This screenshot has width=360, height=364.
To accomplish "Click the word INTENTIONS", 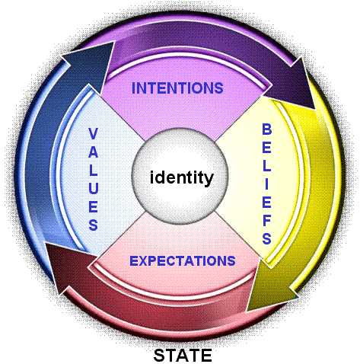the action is [x=177, y=88].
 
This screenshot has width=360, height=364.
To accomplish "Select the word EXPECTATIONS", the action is [x=183, y=261].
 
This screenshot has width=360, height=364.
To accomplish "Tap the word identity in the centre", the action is [x=182, y=178].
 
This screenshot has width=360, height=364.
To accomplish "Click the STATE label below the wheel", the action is [x=183, y=356].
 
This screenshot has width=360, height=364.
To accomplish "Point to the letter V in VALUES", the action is [x=93, y=134].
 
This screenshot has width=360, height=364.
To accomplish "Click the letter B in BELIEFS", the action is [x=266, y=129].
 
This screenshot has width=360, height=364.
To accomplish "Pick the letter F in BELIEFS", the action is [x=267, y=220].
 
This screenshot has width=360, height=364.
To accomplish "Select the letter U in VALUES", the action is [x=93, y=188].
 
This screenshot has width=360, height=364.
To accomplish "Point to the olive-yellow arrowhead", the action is [x=269, y=287].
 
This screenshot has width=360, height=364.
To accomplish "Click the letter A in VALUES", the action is [x=93, y=152].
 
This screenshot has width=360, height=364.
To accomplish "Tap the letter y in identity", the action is [x=208, y=180].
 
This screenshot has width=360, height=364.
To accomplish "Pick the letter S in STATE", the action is [x=159, y=356].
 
